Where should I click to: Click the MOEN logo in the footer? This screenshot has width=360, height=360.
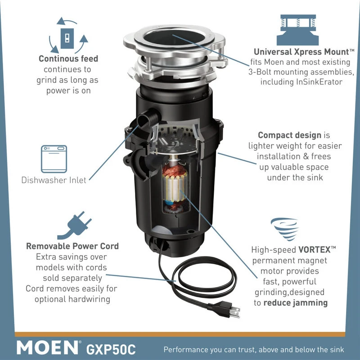click(x=48, y=348)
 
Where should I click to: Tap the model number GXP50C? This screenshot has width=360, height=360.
click(x=111, y=350)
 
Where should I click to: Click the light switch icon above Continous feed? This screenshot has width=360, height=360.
click(x=67, y=38)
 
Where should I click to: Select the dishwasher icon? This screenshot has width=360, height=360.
click(x=54, y=159)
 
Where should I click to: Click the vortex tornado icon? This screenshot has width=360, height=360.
click(x=285, y=229)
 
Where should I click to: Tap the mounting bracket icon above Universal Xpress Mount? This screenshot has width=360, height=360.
click(x=298, y=30)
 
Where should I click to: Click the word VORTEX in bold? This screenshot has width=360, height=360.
click(x=314, y=250)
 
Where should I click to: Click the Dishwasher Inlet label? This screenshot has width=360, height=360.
click(x=54, y=180)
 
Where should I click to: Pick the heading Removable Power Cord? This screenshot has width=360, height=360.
click(x=72, y=246)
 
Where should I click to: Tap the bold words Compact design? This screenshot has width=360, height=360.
click(x=289, y=135)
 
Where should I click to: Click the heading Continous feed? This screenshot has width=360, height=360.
click(x=68, y=58)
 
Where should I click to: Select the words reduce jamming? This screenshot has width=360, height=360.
click(x=296, y=303)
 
